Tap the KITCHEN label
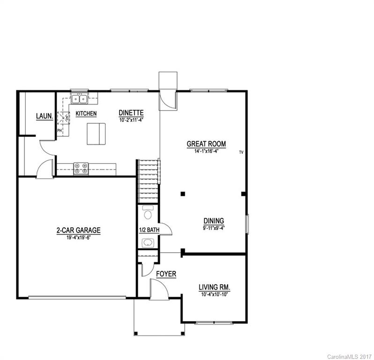coord(86,114)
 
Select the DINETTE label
coord(131,113)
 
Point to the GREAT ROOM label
coord(206,144)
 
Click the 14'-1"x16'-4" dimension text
coord(206,151)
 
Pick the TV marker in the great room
coord(241,152)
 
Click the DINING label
coord(213,221)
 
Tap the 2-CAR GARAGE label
coord(78,230)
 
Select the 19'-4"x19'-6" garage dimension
coord(78,238)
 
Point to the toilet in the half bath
coord(148,214)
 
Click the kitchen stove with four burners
coord(81,168)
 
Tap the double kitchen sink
coord(79,99)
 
